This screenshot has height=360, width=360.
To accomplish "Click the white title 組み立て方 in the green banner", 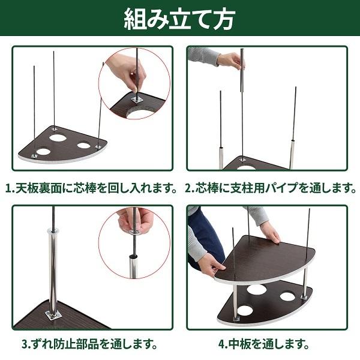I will click(179, 19).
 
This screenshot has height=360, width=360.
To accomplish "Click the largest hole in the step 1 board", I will click(58, 138).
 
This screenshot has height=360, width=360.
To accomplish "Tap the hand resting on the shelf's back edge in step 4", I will click(269, 232).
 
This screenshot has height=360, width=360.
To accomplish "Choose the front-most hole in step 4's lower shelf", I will click(245, 310).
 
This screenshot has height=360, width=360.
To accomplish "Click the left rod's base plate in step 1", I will click(34, 155).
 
